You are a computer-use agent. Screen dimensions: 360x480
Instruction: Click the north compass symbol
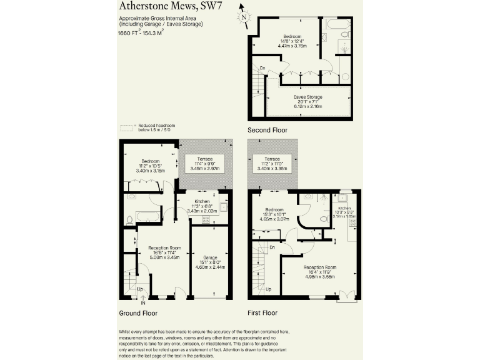pos(243,17)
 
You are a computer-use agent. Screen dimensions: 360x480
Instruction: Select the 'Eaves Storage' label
pos(308,97)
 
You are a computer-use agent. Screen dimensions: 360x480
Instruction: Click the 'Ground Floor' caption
pos(138,313)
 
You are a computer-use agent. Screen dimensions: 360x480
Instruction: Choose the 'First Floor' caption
pos(262,312)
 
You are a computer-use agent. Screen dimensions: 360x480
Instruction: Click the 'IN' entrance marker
pos(143,303)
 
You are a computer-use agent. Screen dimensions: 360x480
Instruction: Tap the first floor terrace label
pos(272,159)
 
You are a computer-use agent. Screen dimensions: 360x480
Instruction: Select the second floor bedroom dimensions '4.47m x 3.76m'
pos(291,46)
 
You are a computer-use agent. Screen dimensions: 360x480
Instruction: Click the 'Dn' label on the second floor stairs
pos(262,67)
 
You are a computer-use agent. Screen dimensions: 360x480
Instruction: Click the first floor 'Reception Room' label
pos(320,267)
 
